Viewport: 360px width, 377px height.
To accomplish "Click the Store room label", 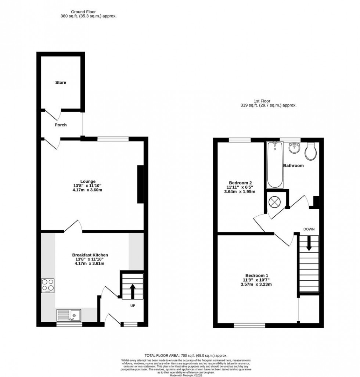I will coord(61,83).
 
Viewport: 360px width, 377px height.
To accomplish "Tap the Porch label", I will coord(61,125).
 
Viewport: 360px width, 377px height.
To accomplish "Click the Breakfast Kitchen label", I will coord(90,255).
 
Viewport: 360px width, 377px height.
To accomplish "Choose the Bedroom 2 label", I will coord(241,183).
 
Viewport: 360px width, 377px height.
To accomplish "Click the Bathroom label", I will coord(293,166).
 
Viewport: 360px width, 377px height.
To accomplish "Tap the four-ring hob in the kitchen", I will coord(48,285).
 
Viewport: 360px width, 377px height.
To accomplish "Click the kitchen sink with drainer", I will coord(69,315).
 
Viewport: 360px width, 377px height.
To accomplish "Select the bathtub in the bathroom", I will coord(275,165).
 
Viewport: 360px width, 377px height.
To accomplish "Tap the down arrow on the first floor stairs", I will coord(309,244).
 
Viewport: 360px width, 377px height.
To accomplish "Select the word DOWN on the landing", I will coord(309,229).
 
